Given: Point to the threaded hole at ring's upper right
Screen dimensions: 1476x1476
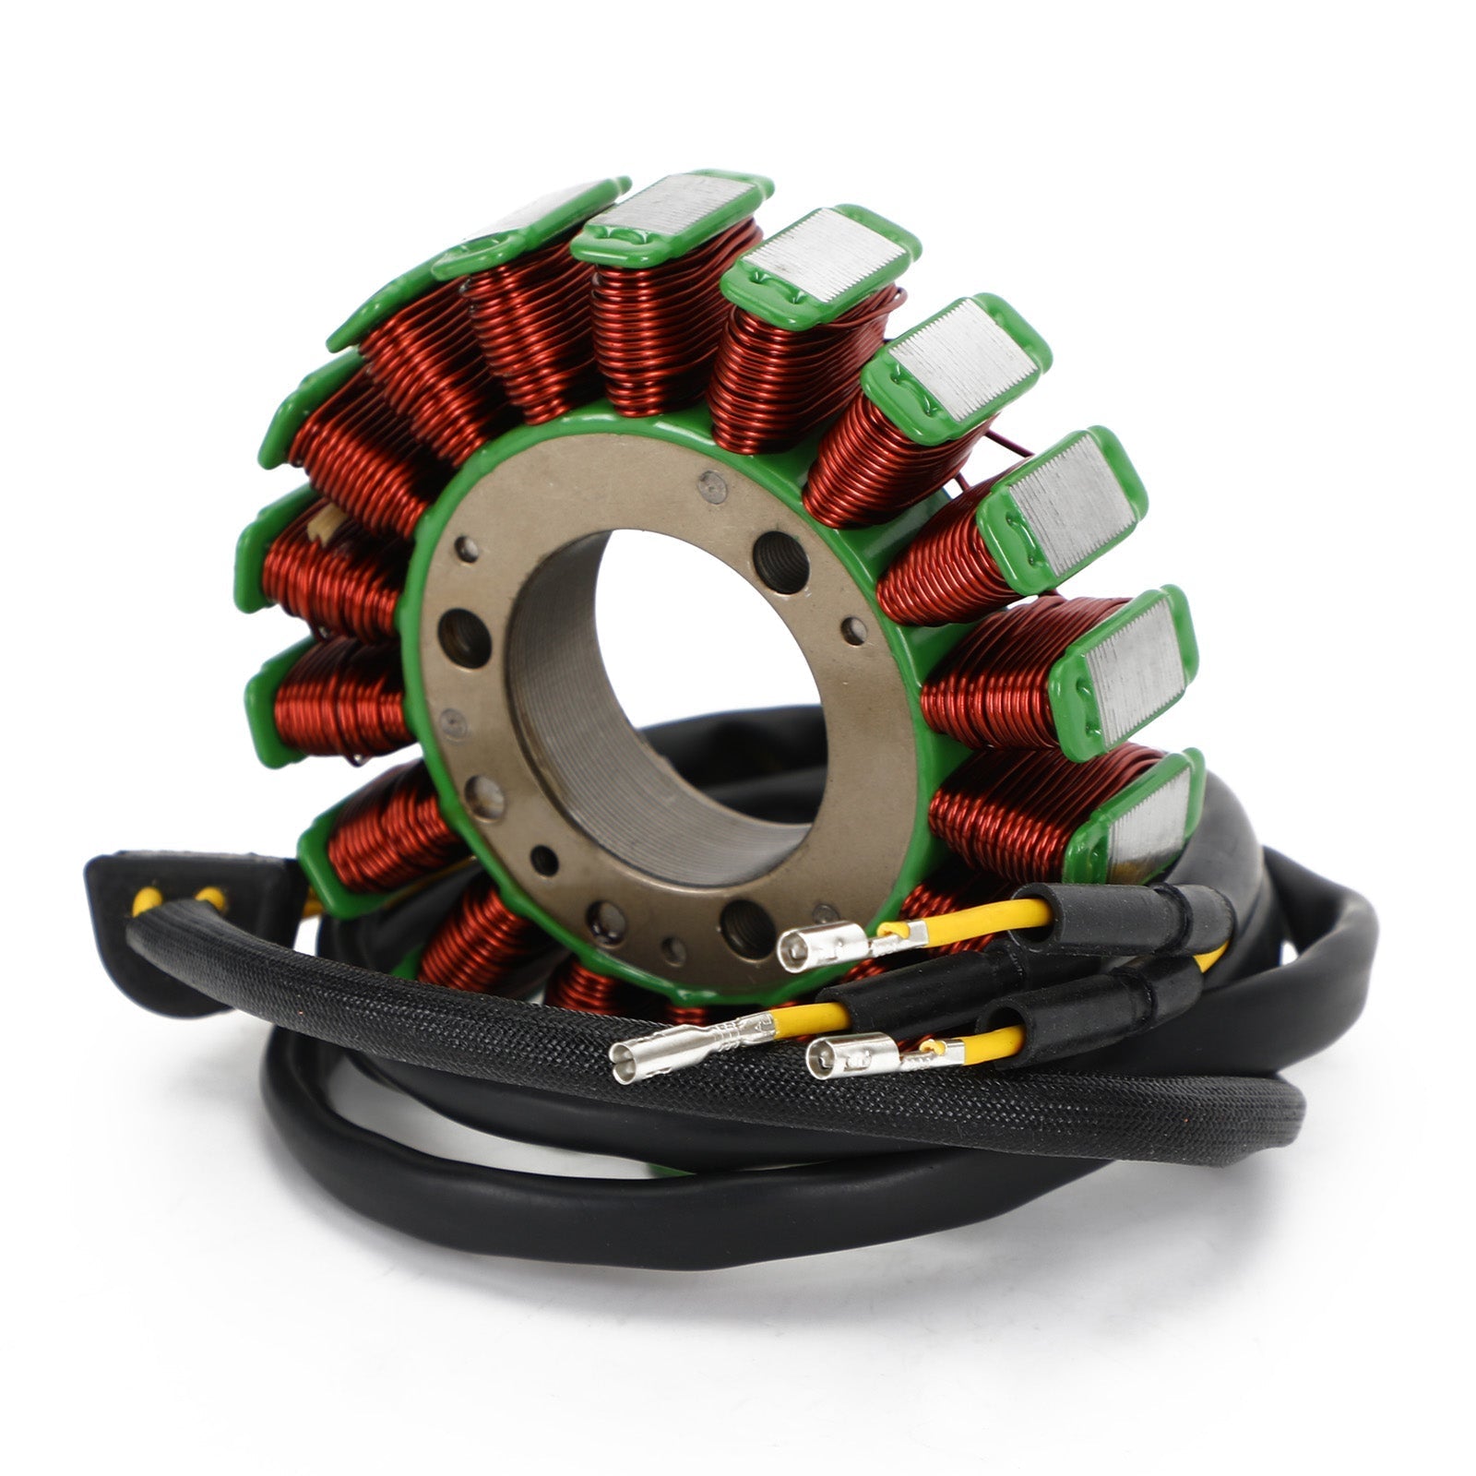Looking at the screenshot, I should point(780,563).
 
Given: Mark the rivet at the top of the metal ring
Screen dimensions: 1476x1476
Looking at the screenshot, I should point(711,486).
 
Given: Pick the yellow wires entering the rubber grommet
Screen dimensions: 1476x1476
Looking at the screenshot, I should point(175,899).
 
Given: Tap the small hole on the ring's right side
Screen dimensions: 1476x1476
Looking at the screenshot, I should point(854,631).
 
